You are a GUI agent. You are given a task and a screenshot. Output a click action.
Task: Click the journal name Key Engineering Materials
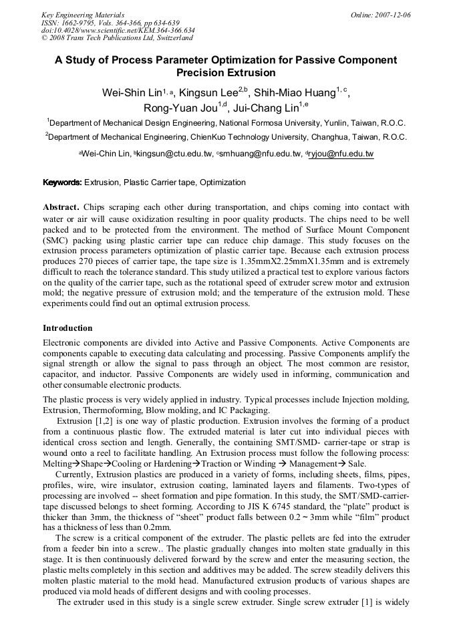[83, 15]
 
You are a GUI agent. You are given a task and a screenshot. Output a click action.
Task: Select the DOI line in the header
[118, 30]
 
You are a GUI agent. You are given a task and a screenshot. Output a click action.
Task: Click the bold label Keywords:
[63, 182]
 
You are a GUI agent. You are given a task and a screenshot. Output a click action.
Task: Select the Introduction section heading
[67, 328]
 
